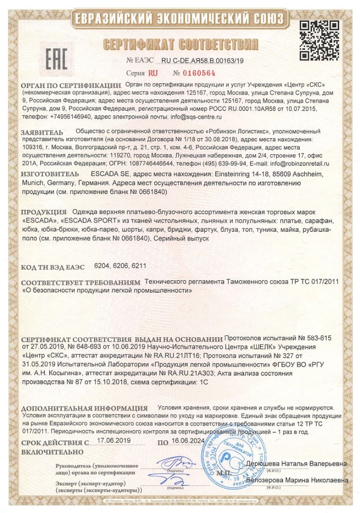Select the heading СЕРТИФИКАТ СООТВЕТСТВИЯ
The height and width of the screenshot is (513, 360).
180,45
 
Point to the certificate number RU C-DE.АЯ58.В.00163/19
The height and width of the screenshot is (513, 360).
202,60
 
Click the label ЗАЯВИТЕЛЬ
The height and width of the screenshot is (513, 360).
42,132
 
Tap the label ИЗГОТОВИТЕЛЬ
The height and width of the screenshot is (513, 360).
46,174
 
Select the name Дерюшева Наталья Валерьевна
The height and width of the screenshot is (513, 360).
296,463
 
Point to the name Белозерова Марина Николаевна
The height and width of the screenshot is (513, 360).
297,480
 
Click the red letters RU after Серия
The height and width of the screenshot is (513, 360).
152,74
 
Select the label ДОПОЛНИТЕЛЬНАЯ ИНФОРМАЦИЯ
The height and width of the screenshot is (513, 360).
85,408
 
